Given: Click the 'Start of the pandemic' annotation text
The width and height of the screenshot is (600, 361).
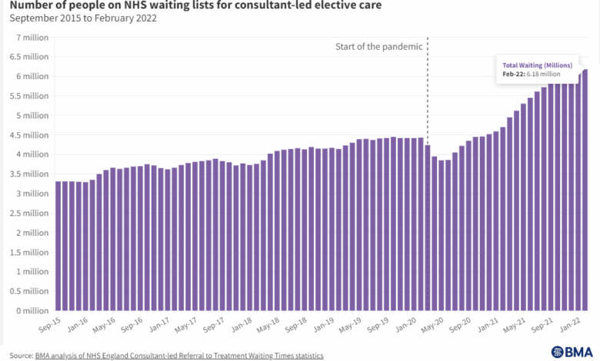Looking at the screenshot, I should pos(378,47).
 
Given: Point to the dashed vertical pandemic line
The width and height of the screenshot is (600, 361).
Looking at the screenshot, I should pos(428,92).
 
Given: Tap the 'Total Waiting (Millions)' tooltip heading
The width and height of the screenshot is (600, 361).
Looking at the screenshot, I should pos(538,65).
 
